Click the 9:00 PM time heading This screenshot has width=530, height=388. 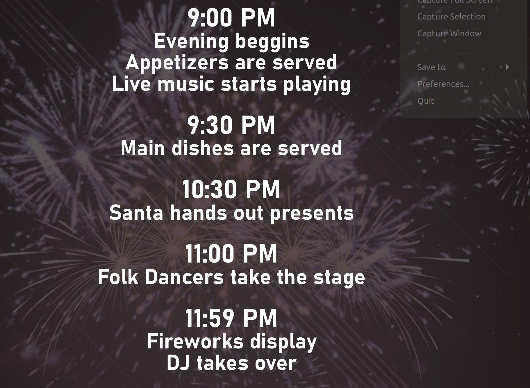(231, 18)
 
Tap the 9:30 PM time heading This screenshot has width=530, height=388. (231, 125)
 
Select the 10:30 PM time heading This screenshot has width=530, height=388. (231, 189)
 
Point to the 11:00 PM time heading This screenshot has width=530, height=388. (231, 254)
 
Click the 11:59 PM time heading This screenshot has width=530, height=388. (231, 318)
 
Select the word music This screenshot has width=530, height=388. (186, 84)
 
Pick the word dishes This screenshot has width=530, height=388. (203, 148)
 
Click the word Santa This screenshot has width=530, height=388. (136, 213)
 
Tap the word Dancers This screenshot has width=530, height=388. (184, 277)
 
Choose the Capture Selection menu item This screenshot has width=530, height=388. (451, 17)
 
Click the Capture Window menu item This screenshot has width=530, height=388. (449, 33)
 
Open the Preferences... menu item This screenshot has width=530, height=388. (443, 84)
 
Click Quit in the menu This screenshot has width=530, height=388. (426, 101)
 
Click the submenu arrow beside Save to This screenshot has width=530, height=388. (507, 67)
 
